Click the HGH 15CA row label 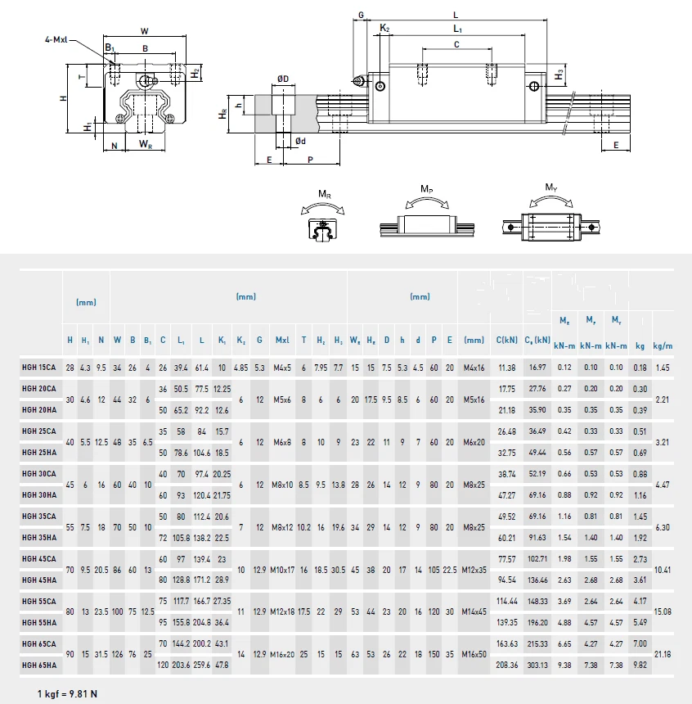click(x=38, y=368)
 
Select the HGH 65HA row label click(x=38, y=665)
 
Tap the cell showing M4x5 click(x=282, y=368)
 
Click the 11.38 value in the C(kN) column click(x=506, y=368)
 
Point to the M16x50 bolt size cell click(x=474, y=654)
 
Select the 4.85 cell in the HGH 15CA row click(x=241, y=368)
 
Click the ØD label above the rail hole click(x=283, y=79)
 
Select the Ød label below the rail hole click(x=300, y=141)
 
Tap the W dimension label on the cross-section click(x=145, y=31)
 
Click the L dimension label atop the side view click(x=456, y=14)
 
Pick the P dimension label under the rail click(x=310, y=161)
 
